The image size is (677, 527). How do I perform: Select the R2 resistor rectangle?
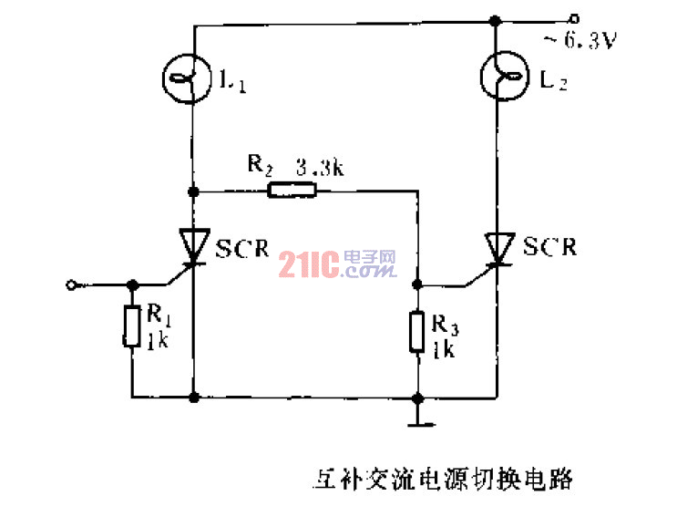pyautogui.click(x=292, y=191)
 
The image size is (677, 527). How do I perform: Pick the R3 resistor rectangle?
pyautogui.click(x=417, y=331)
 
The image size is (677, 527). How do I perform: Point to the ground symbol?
pyautogui.click(x=417, y=420)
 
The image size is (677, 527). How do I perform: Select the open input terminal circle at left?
pyautogui.click(x=71, y=284)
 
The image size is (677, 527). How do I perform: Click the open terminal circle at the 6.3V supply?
pyautogui.click(x=573, y=18)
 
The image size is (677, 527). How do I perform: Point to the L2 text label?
pyautogui.click(x=553, y=83)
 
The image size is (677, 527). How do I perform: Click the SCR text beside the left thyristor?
pyautogui.click(x=242, y=246)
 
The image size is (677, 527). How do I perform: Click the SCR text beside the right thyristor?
pyautogui.click(x=550, y=246)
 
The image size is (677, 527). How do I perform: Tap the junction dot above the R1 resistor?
pyautogui.click(x=132, y=284)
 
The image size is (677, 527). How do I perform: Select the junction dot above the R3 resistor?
pyautogui.click(x=417, y=284)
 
